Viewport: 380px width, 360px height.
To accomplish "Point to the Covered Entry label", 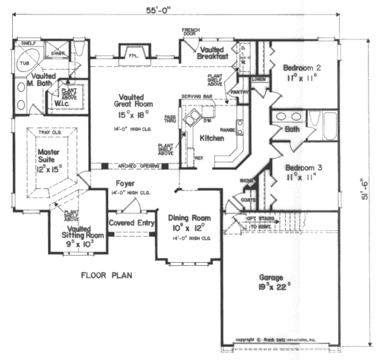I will click(x=132, y=223).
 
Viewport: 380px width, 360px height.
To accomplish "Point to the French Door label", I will click(x=191, y=33).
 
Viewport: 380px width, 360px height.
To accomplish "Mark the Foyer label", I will click(x=125, y=184).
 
